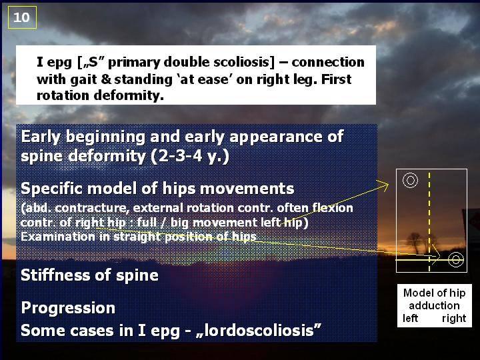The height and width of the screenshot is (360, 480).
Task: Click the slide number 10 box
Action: [22, 17]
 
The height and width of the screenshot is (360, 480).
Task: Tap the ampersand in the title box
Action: [106, 79]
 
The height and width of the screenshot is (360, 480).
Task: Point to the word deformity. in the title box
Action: [129, 95]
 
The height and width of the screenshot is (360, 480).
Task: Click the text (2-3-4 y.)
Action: [190, 156]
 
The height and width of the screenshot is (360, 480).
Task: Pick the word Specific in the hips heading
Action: [52, 189]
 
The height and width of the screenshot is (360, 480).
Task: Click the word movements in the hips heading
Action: [247, 189]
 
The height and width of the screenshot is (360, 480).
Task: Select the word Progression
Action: [68, 308]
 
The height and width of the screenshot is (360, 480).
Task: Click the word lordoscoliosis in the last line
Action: [259, 330]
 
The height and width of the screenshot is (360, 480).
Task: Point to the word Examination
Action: [58, 237]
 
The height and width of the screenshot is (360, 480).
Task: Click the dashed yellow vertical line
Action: [429, 222]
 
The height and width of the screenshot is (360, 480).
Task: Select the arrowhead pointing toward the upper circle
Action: [384, 184]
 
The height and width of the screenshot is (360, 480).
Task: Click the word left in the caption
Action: [410, 319]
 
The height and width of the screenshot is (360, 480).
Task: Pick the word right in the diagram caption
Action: [454, 319]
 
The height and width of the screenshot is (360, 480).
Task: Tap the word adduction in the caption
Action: [434, 305]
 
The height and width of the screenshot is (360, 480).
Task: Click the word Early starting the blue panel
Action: [41, 137]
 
